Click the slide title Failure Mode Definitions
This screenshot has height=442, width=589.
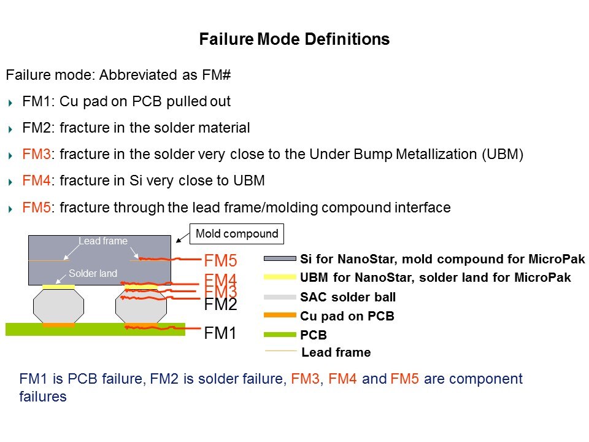294,40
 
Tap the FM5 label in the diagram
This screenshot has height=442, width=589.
220,260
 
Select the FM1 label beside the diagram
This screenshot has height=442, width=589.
220,333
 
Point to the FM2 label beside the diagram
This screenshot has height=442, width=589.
220,304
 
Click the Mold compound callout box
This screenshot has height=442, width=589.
237,233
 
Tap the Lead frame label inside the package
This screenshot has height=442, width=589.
102,241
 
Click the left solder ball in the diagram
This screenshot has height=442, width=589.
58,305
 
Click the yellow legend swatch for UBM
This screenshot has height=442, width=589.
279,277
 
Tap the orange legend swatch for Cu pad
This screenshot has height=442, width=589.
279,316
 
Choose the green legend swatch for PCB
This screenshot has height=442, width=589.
279,335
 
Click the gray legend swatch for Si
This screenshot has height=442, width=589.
279,258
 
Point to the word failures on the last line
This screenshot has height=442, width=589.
43,397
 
